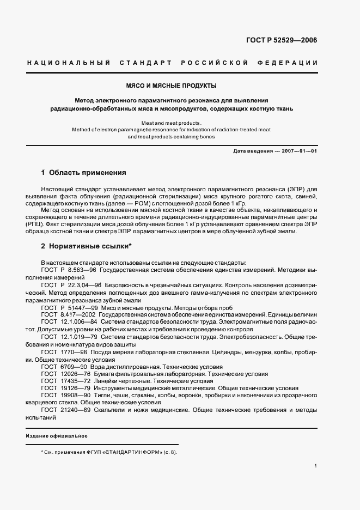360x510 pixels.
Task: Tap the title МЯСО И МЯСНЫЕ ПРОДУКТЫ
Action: (171, 86)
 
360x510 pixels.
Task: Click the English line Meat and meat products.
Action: (171, 123)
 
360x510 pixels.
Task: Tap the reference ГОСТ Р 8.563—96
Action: (69, 270)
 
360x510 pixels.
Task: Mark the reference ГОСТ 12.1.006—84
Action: (70, 322)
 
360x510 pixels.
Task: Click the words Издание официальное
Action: (57, 436)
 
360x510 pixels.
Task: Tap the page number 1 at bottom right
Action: (316, 466)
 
